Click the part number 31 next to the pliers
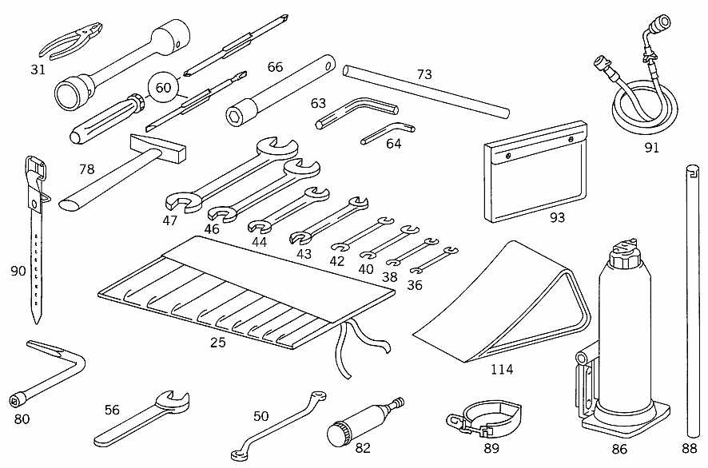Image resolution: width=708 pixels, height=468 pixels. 38,69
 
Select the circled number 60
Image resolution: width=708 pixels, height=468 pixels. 163,88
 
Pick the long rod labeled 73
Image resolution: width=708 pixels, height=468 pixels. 424,90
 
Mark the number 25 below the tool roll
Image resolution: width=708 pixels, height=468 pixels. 217,343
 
